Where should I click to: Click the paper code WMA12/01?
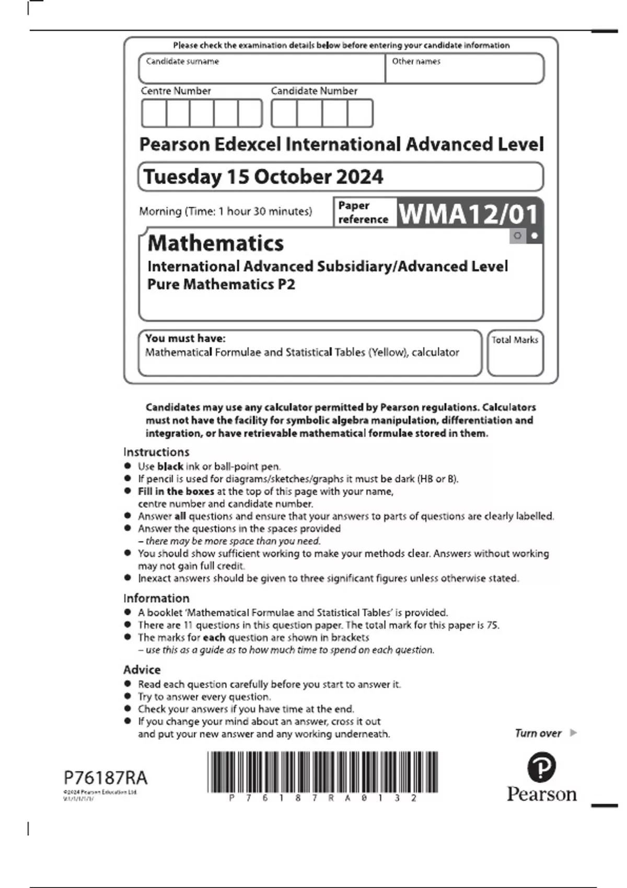point(468,214)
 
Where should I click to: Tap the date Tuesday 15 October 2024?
point(263,177)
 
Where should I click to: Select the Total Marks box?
point(515,353)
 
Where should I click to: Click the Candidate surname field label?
point(182,62)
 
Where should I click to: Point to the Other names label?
point(416,62)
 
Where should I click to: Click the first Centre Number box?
point(154,113)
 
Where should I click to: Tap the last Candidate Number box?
point(360,113)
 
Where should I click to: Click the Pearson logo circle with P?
point(541,767)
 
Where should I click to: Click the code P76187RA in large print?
point(106,778)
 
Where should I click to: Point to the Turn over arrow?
point(573,733)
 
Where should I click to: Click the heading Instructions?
point(156,452)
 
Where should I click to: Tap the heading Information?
point(156,598)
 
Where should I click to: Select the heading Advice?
point(142,670)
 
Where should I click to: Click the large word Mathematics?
point(216,243)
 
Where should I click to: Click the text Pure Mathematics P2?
point(221,284)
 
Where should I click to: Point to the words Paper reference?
point(363,212)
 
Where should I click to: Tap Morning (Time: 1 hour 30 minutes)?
point(225,212)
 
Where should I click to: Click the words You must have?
point(185,338)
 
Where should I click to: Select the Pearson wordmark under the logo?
point(542,794)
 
